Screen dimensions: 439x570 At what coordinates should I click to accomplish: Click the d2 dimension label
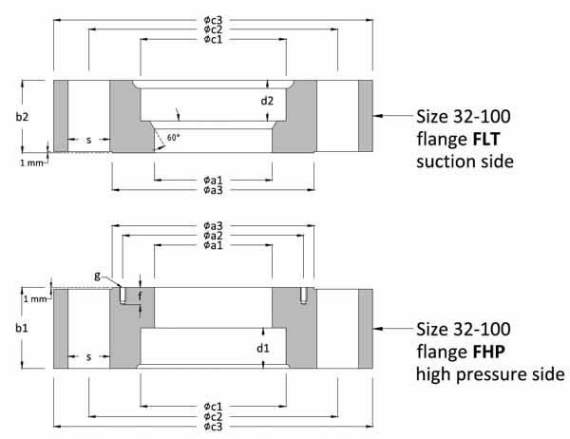(x=268, y=100)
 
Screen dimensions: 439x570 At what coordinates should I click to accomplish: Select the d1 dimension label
(x=264, y=348)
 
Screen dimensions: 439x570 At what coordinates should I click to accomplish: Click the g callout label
(x=98, y=276)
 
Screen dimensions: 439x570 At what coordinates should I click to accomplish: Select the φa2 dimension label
(x=213, y=235)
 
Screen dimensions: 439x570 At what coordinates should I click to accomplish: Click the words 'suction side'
(x=465, y=162)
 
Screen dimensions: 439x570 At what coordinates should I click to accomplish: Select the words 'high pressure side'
(x=490, y=374)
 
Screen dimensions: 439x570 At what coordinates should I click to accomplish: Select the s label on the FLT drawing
(x=88, y=140)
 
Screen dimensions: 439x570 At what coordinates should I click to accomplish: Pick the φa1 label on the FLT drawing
(x=213, y=178)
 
